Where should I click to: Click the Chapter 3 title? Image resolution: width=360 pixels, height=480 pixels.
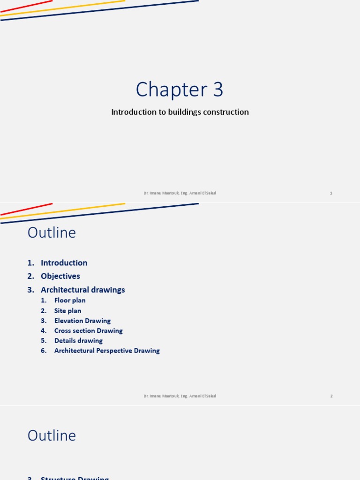[x=180, y=90]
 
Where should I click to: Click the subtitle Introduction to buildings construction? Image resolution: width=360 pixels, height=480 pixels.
[x=180, y=112]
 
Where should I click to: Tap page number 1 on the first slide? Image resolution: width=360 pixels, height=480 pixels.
[x=331, y=193]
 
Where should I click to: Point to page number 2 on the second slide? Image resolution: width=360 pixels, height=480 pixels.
[x=331, y=396]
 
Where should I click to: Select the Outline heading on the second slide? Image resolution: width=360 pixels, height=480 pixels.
[x=52, y=232]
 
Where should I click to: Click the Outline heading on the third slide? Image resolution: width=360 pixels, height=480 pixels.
[x=52, y=435]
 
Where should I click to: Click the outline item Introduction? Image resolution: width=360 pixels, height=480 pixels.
[x=64, y=263]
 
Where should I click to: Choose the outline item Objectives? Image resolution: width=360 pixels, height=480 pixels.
[x=60, y=276]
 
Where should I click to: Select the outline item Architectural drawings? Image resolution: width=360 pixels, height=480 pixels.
[x=82, y=290]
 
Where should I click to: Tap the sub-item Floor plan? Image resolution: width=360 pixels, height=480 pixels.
[x=70, y=300]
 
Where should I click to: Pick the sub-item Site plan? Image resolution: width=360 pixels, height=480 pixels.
[x=67, y=311]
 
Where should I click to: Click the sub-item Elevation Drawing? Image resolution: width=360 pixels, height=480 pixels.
[x=82, y=321]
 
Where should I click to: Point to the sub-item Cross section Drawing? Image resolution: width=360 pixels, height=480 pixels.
[x=88, y=331]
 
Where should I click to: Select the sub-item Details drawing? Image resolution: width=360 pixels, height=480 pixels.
[x=78, y=341]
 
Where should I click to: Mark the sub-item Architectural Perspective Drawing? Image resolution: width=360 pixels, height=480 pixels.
[x=107, y=351]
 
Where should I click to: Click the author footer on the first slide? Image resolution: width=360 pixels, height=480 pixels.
[x=180, y=193]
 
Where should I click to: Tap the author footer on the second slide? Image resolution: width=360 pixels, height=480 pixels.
[x=180, y=396]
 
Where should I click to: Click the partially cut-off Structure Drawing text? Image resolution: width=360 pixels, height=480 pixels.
[x=75, y=478]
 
